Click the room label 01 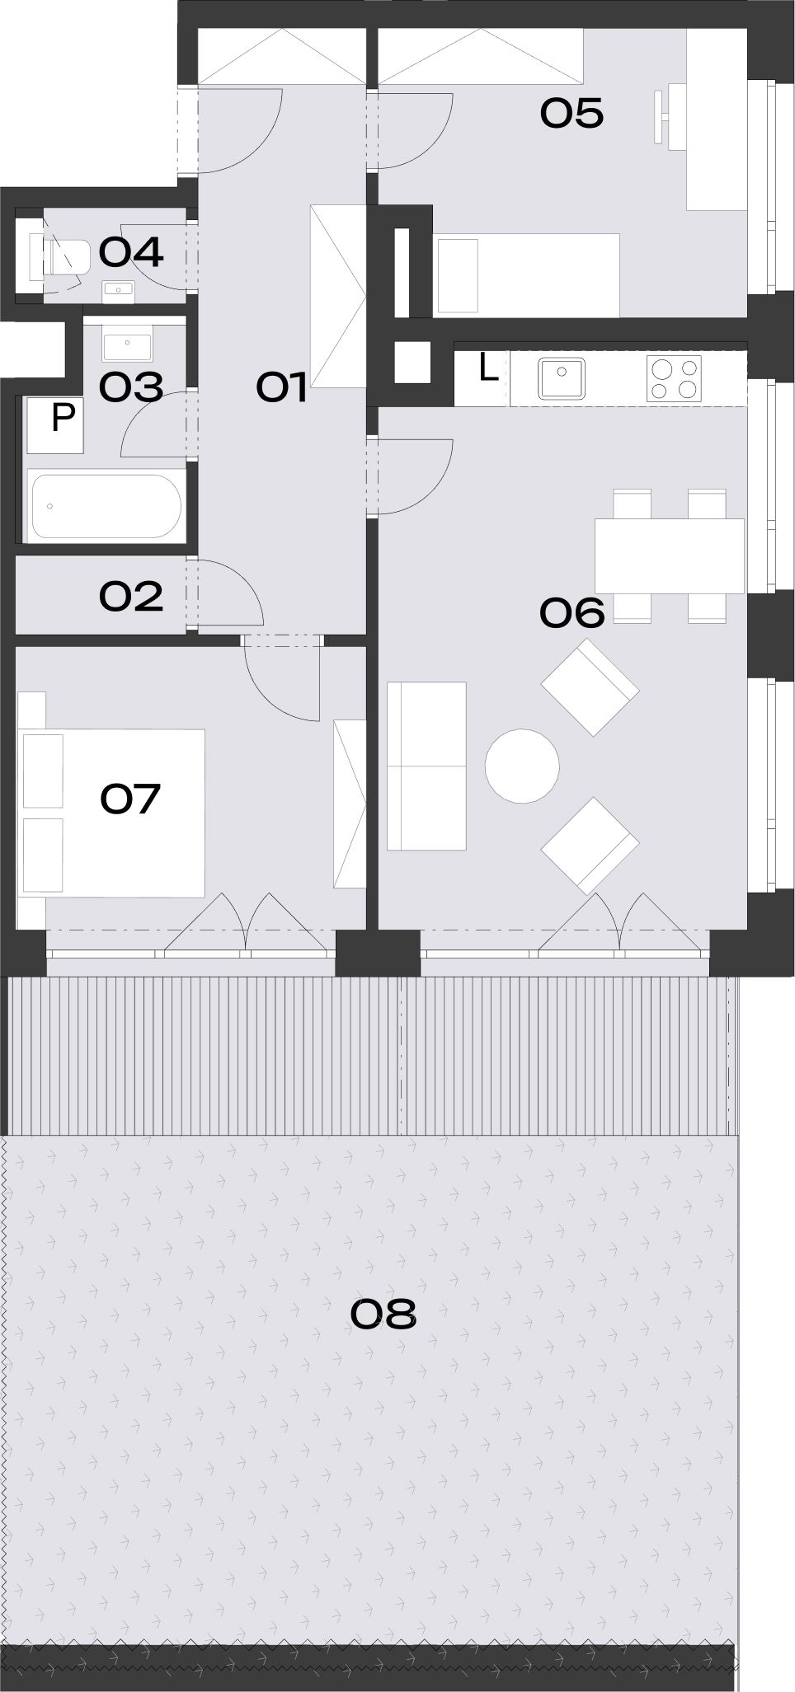point(282,387)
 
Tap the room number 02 point(131,596)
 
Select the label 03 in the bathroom point(131,387)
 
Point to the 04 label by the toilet point(131,252)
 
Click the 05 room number point(572,113)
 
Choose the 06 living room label point(572,612)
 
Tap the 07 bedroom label point(130,799)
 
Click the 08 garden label point(383,1314)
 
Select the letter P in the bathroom point(63,418)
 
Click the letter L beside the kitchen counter point(488,368)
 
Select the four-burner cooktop point(674,378)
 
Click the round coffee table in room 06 point(522,766)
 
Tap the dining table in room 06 point(669,555)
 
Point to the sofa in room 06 point(426,766)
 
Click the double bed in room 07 point(113,813)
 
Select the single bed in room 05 point(526,275)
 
